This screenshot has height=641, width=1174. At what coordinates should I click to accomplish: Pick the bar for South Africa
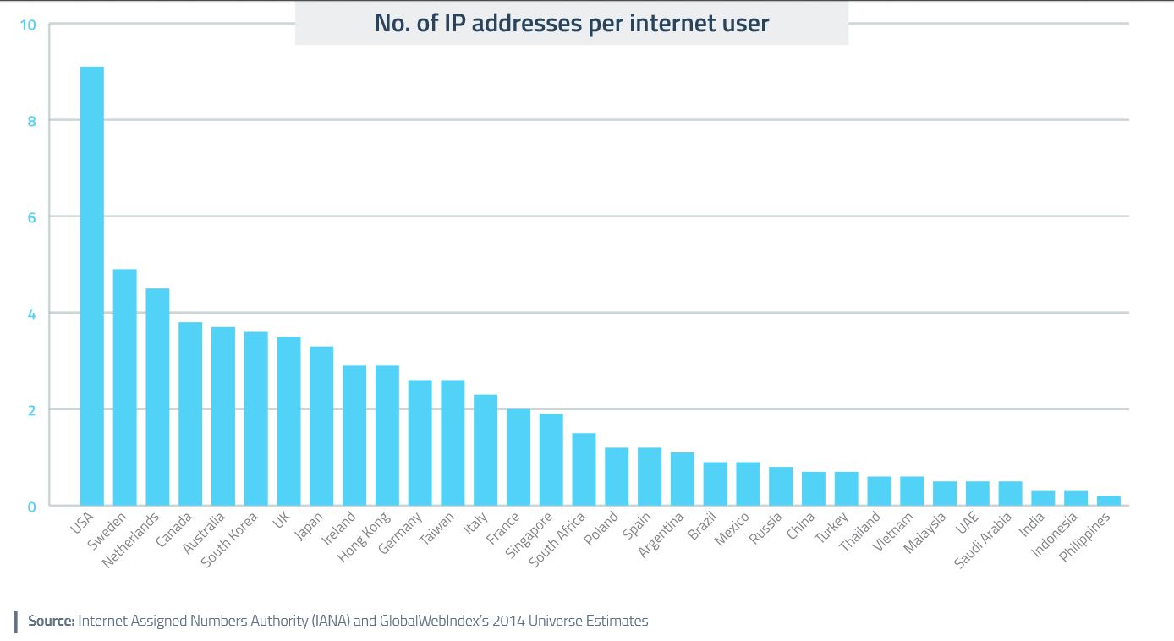[584, 469]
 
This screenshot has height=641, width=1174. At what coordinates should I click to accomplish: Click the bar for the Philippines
[1108, 501]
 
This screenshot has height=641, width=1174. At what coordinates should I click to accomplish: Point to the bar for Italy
[486, 450]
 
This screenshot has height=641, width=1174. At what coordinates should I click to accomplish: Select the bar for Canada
[190, 414]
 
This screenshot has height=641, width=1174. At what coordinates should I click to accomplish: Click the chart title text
[572, 24]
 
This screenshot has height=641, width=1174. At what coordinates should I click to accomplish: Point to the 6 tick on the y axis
[30, 216]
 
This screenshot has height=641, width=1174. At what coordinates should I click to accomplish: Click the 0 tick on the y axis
[30, 507]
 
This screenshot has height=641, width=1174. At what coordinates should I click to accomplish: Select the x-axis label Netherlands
[131, 539]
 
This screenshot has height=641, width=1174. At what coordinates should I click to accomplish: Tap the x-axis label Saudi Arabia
[984, 539]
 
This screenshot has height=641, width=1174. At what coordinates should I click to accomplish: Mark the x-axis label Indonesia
[1055, 535]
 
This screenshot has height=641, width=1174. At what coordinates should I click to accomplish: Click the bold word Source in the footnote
[52, 621]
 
